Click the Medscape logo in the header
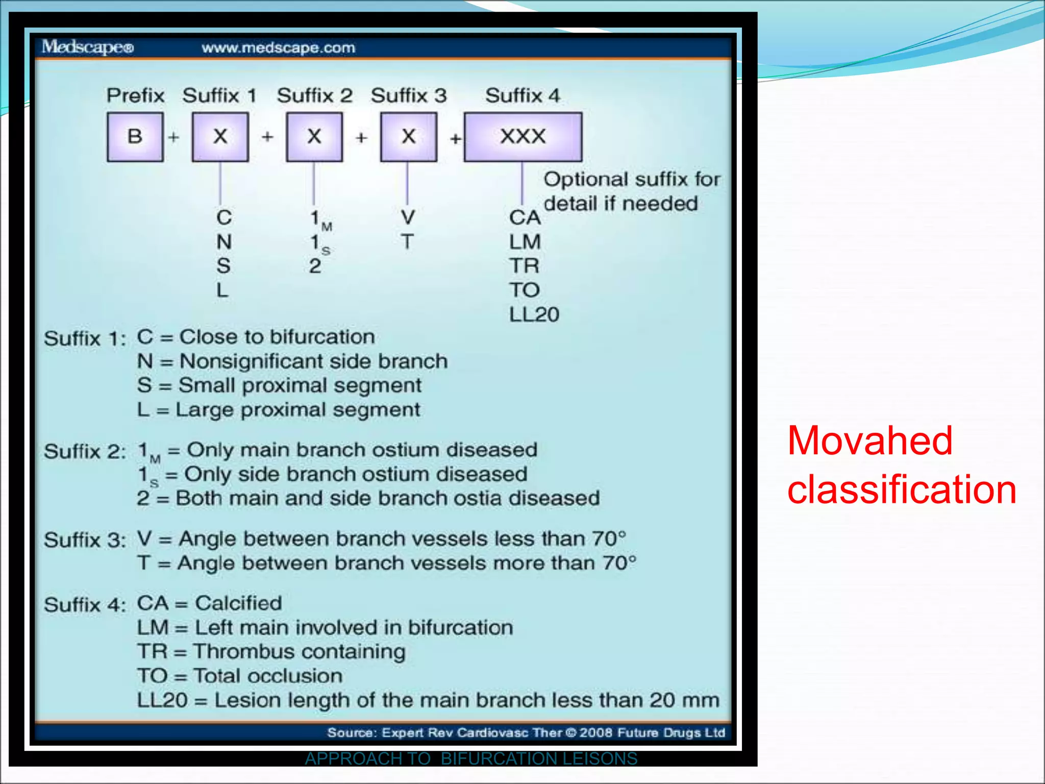pos(87,47)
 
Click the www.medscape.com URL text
pos(278,48)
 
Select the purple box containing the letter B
pos(135,137)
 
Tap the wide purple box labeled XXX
pos(523,137)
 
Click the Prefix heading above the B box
pos(135,95)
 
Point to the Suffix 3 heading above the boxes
pos(408,95)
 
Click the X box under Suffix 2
pos(314,137)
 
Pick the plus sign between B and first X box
pos(174,137)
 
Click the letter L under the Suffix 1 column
pos(222,290)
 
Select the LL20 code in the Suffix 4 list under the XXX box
pos(534,314)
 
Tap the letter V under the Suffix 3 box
pos(407,217)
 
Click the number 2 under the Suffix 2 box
pos(315,266)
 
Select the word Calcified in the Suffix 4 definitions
pos(238,603)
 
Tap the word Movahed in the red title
pos(869,440)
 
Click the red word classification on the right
pos(902,489)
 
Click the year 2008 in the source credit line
pos(595,732)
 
